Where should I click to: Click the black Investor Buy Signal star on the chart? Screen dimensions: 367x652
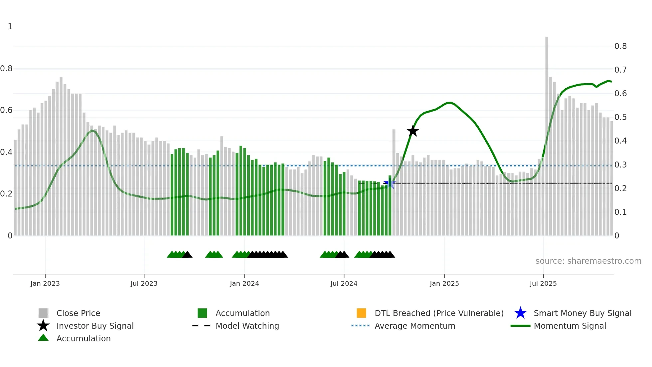[412, 131]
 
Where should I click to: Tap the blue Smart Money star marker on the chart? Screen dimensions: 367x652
[390, 183]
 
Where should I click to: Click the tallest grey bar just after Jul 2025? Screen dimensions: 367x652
[547, 133]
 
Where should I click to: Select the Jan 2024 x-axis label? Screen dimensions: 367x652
[244, 283]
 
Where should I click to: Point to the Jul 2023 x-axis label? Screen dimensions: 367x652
[144, 283]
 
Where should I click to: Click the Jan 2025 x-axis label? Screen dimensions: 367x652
[444, 283]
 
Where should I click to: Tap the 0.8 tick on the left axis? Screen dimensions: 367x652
[6, 69]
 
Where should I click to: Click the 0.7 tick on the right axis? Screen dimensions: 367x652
[620, 70]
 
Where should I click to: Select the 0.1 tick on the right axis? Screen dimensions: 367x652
[620, 212]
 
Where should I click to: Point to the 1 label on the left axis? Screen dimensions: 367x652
[10, 27]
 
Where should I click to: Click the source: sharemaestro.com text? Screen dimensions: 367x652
[588, 261]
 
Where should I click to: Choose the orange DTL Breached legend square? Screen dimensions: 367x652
[361, 313]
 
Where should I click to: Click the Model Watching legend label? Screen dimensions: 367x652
[247, 326]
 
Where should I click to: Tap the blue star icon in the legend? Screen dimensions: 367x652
[520, 313]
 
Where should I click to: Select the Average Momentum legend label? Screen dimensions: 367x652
[415, 326]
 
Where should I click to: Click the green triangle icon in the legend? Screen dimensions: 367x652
[43, 338]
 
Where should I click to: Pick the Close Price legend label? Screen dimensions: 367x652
[78, 313]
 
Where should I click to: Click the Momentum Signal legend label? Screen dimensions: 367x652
[570, 326]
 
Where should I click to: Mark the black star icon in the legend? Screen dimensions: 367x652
[43, 326]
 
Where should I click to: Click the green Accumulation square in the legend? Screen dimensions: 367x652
[202, 313]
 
